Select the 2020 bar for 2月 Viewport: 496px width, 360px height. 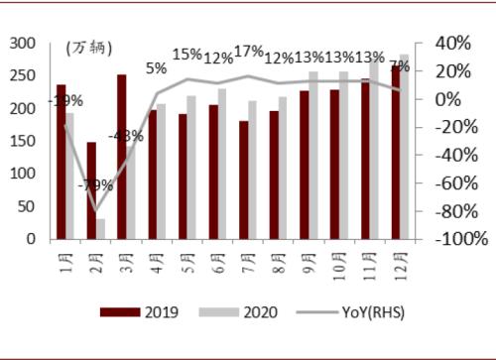[101, 228]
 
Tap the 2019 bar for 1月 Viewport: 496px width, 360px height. [62, 162]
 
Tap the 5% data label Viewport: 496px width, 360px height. [156, 68]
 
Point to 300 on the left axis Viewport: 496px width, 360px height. [21, 44]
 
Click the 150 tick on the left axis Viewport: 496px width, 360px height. [21, 141]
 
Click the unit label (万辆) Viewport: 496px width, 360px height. [89, 48]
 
